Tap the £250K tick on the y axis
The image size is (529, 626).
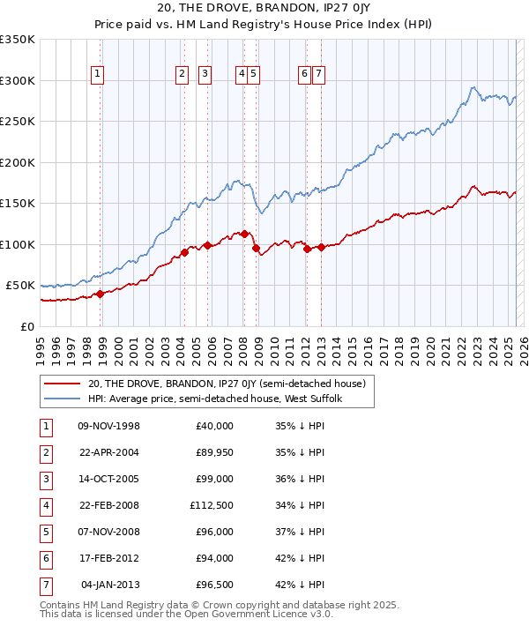(x=18, y=121)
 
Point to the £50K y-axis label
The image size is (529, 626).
(x=20, y=286)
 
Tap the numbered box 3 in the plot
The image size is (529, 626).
(x=204, y=75)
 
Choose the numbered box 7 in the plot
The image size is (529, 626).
(x=317, y=75)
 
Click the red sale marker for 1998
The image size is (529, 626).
(x=101, y=294)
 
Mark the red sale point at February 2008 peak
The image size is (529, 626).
(x=244, y=234)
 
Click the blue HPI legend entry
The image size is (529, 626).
(x=219, y=399)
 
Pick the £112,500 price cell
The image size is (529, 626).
(x=212, y=505)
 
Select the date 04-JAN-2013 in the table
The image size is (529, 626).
(x=109, y=585)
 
